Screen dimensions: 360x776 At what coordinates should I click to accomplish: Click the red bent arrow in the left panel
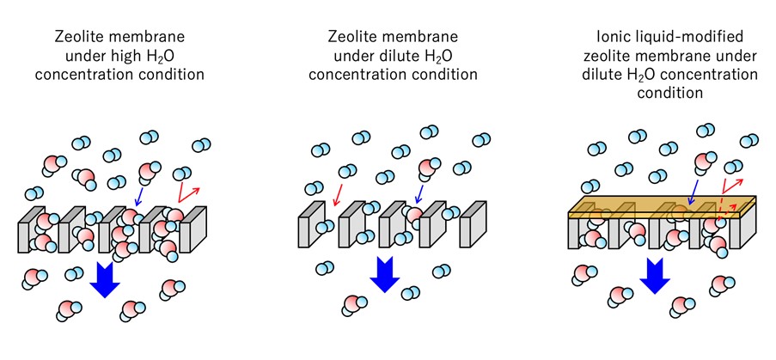coord(185,191)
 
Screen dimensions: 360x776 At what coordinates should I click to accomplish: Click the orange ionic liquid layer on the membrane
coord(662,205)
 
